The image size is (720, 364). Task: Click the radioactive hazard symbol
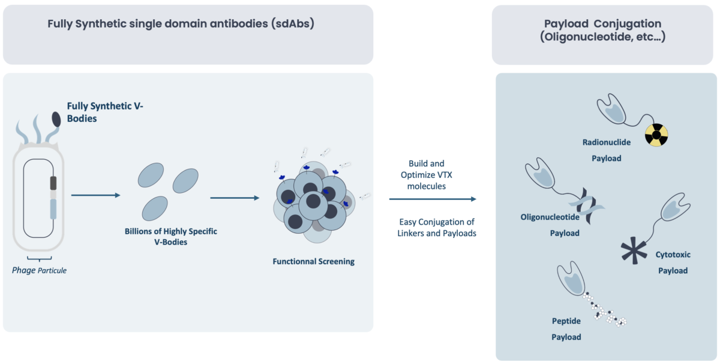pos(656,136)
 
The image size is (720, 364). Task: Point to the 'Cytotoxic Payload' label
pos(673,262)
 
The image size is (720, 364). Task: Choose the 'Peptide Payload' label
pos(566,329)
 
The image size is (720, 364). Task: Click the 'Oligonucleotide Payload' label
pos(549,225)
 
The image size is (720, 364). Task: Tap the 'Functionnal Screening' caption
pos(313,262)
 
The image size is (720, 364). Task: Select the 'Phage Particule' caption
pos(39,270)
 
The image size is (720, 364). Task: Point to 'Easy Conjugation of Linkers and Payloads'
pos(437,228)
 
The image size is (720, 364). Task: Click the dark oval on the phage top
pos(56,119)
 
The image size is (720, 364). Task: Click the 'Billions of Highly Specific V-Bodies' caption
pos(171,236)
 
